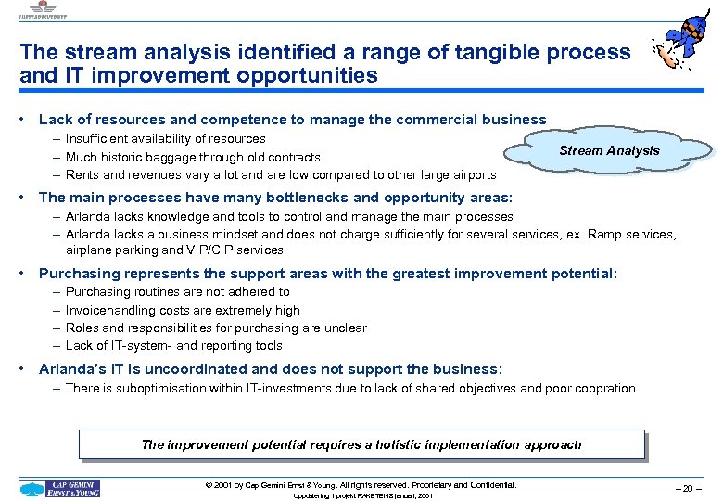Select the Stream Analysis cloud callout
pyautogui.click(x=608, y=151)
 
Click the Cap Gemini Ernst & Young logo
pyautogui.click(x=60, y=488)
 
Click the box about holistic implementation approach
pyautogui.click(x=361, y=444)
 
